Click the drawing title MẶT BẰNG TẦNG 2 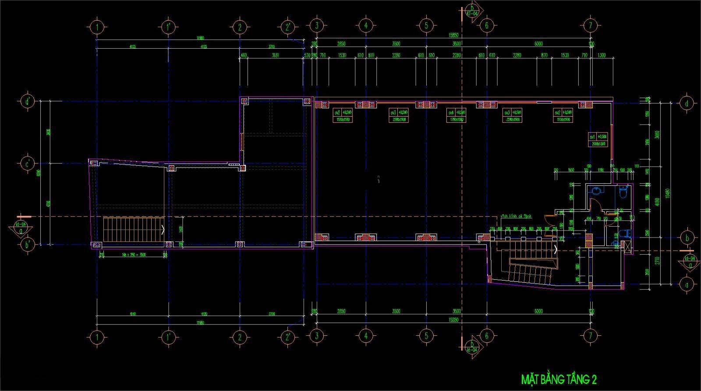point(558,379)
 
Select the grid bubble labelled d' point(27,101)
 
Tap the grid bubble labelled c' point(27,164)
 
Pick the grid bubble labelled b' point(27,244)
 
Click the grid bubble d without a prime point(687,103)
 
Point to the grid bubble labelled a point(687,284)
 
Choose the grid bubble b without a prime point(687,238)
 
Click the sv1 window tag point(593,136)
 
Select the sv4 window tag point(451,112)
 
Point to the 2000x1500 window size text point(598,143)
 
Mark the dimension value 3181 point(275,55)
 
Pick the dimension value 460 point(244,55)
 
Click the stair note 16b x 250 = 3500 point(134,255)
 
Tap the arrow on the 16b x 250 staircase point(163,229)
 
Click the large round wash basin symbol point(595,191)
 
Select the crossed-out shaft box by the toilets point(627,246)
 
